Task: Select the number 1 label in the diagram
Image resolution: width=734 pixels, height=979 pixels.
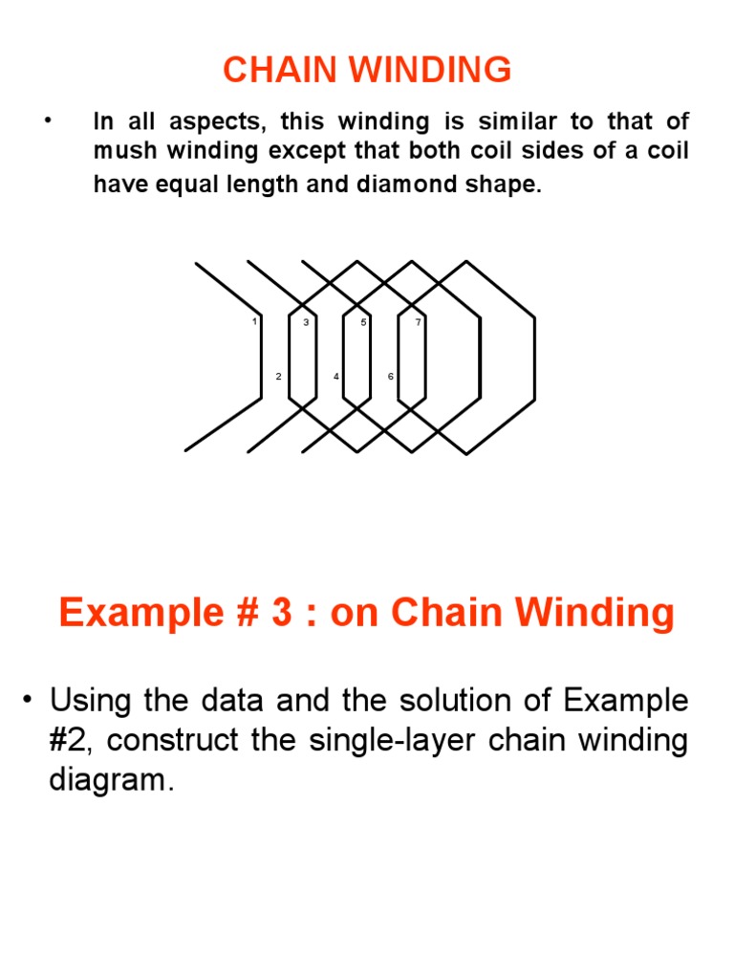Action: tap(254, 322)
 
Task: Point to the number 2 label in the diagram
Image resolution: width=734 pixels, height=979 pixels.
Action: tap(278, 377)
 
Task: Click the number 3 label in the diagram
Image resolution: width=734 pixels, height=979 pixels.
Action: tap(306, 322)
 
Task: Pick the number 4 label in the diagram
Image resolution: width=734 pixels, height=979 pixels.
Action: tap(335, 377)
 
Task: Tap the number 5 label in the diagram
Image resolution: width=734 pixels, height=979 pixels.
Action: tap(363, 322)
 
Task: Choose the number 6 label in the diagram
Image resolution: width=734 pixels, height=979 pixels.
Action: tap(390, 377)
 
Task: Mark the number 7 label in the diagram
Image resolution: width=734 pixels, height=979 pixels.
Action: tap(418, 322)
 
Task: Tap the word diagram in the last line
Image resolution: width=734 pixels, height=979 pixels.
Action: tap(110, 780)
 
